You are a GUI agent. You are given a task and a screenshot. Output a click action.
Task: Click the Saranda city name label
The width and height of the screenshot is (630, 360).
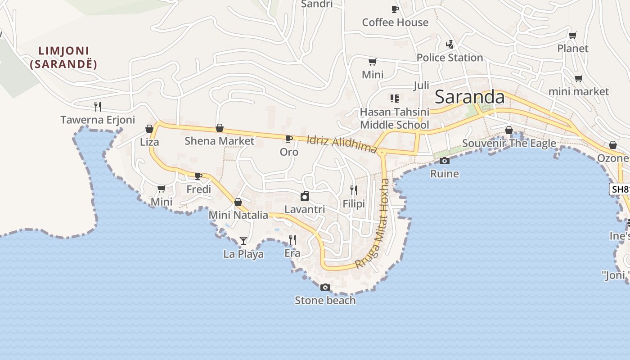(x=470, y=97)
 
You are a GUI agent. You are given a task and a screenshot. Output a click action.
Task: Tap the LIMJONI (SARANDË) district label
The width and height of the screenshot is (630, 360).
(x=63, y=57)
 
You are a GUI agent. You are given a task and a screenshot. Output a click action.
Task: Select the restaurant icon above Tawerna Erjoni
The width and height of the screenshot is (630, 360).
(x=98, y=107)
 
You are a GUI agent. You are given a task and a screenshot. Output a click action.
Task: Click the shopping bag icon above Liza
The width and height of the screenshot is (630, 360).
(x=149, y=129)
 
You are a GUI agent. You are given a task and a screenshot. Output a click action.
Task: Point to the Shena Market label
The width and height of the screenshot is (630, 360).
(x=219, y=141)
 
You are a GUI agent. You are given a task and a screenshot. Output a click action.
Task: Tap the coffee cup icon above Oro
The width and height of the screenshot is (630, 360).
(x=289, y=139)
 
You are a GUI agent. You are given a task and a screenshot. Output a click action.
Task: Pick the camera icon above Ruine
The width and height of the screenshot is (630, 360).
(x=445, y=161)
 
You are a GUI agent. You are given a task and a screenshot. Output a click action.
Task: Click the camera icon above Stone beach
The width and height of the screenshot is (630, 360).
(x=325, y=287)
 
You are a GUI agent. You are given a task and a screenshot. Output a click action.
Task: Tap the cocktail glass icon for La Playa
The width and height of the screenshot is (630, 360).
(x=243, y=241)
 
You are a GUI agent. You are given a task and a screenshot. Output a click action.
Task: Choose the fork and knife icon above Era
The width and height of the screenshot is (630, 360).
(x=292, y=239)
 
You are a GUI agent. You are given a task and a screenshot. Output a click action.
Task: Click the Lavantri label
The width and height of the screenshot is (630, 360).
(x=305, y=209)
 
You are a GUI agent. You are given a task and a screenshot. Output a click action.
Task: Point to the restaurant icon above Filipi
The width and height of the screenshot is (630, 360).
(x=354, y=190)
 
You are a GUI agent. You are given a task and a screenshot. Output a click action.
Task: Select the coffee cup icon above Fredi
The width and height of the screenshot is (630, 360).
(x=198, y=176)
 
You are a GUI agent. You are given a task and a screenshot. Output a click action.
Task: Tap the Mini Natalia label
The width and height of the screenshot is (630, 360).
(x=238, y=215)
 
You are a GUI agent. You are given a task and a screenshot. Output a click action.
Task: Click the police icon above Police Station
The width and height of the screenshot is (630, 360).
(x=450, y=44)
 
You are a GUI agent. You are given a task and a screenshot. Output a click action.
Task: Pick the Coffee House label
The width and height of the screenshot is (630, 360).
(x=395, y=22)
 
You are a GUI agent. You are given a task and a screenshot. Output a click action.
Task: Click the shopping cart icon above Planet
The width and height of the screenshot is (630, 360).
(x=573, y=35)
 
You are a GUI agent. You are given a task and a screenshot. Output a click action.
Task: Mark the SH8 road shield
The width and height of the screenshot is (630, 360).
(x=621, y=189)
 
